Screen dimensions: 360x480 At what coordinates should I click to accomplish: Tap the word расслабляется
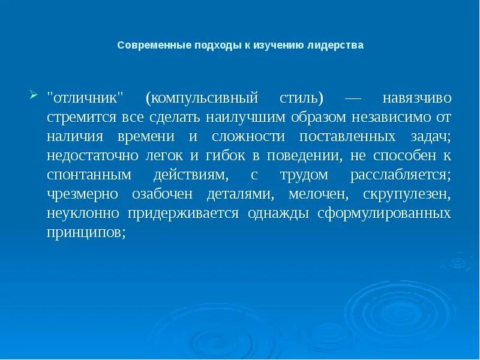(x=400, y=175)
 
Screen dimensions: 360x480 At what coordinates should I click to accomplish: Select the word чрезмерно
(x=83, y=195)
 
